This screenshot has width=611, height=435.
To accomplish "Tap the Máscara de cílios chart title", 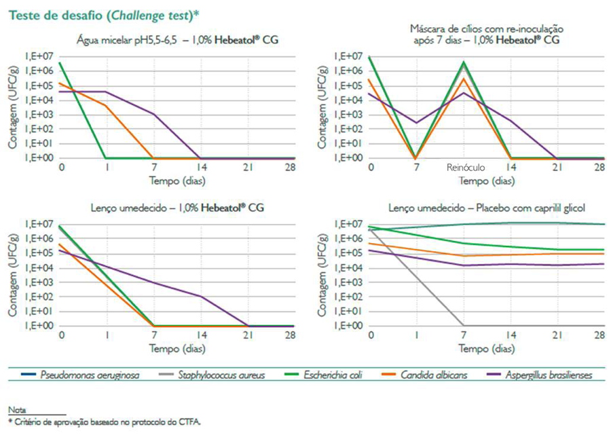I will (487, 35).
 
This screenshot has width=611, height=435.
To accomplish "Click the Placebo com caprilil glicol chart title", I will (487, 209).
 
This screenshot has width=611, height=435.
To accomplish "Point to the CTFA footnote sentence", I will (105, 421).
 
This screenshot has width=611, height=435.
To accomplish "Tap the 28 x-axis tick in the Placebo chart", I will (599, 336).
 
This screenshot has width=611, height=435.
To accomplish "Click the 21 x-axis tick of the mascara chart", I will (556, 168).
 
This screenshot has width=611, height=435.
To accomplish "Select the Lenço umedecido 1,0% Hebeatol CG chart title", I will (179, 209).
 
